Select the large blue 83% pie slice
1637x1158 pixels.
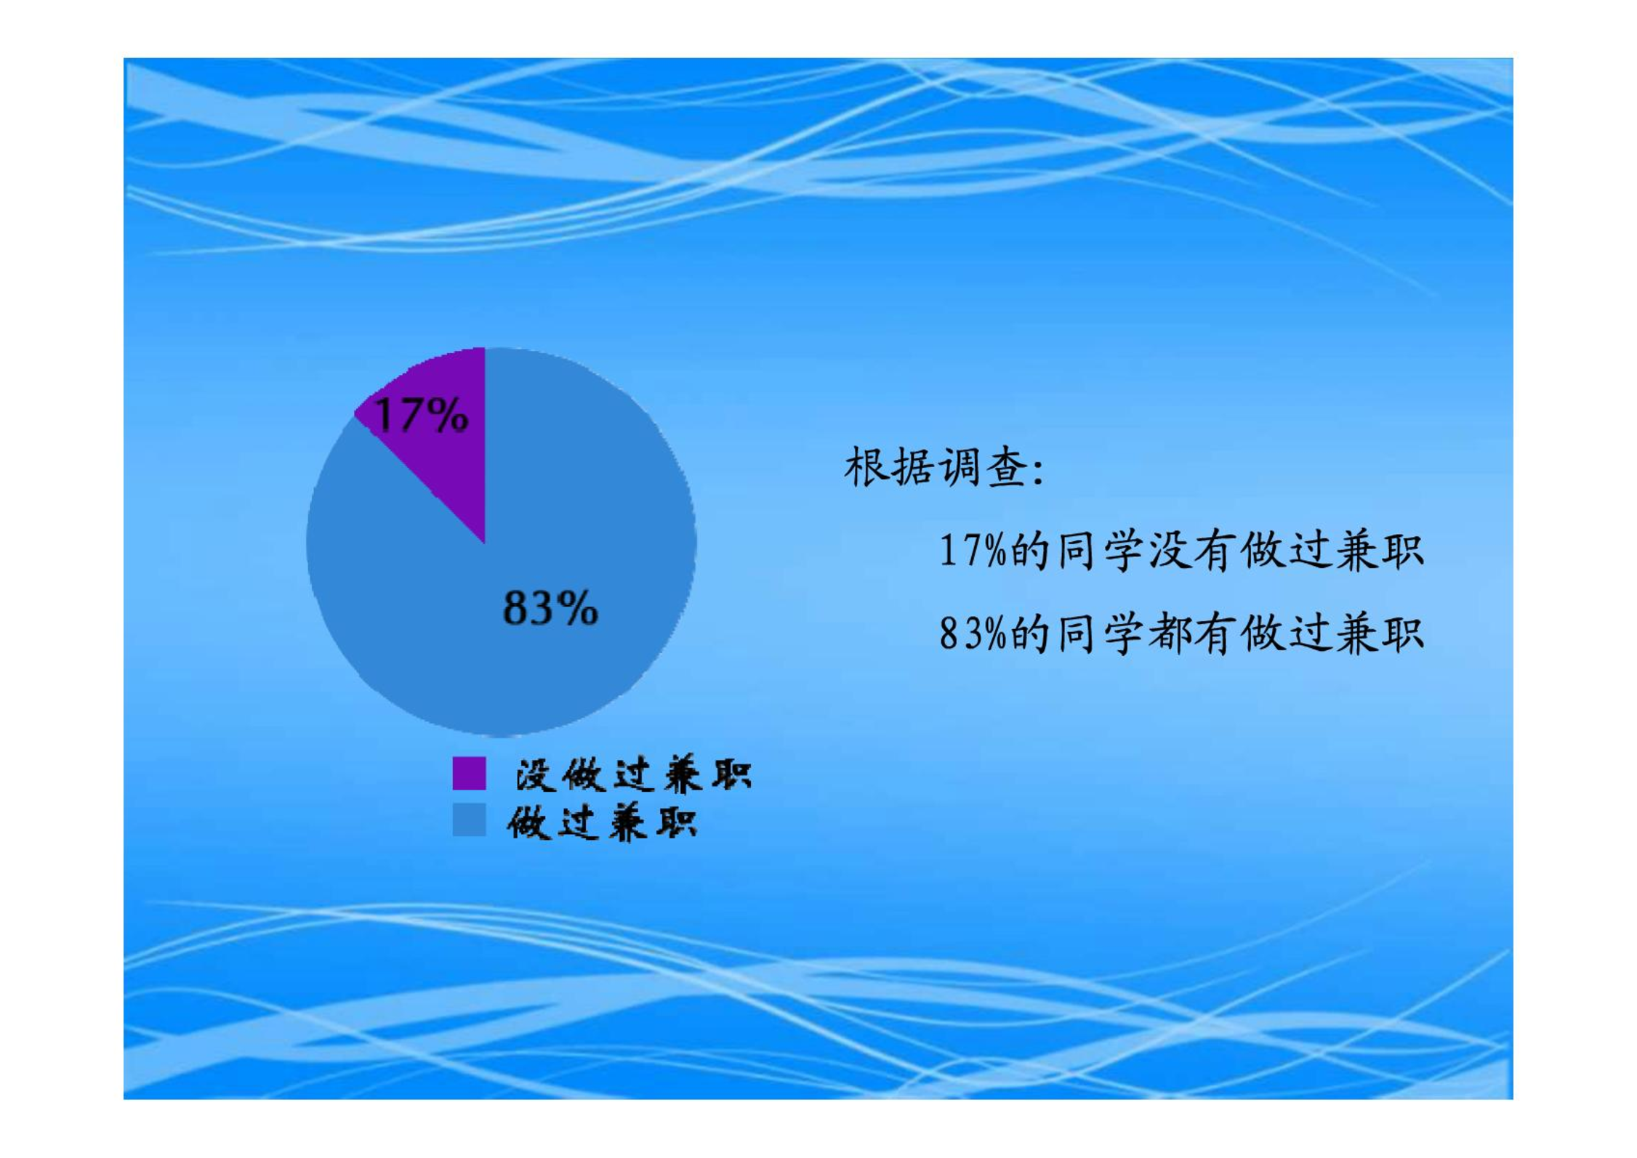pos(523,596)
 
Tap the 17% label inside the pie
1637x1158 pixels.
pos(421,416)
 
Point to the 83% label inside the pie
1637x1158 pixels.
pos(550,607)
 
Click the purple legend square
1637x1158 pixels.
pos(469,773)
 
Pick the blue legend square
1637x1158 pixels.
pos(469,819)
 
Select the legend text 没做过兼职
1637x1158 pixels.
pos(633,774)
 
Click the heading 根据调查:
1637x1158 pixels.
pos(944,467)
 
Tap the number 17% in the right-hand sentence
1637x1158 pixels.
pos(973,550)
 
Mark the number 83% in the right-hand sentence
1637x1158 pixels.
pos(973,633)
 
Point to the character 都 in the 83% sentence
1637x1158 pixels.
pos(1169,633)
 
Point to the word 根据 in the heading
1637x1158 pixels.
pos(889,467)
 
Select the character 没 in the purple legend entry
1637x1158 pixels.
pos(535,774)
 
